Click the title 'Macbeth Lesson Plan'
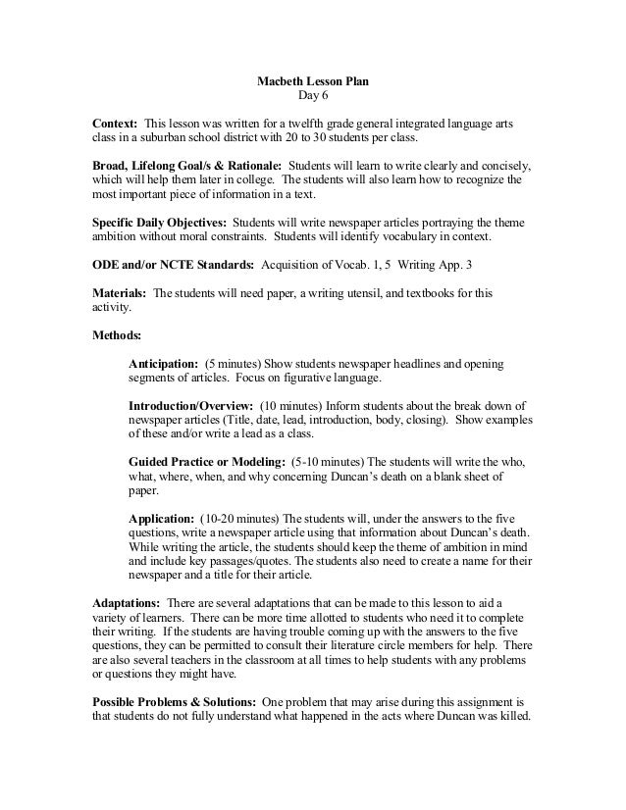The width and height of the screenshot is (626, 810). pos(313,80)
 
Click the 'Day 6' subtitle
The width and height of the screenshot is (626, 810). pos(313,97)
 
